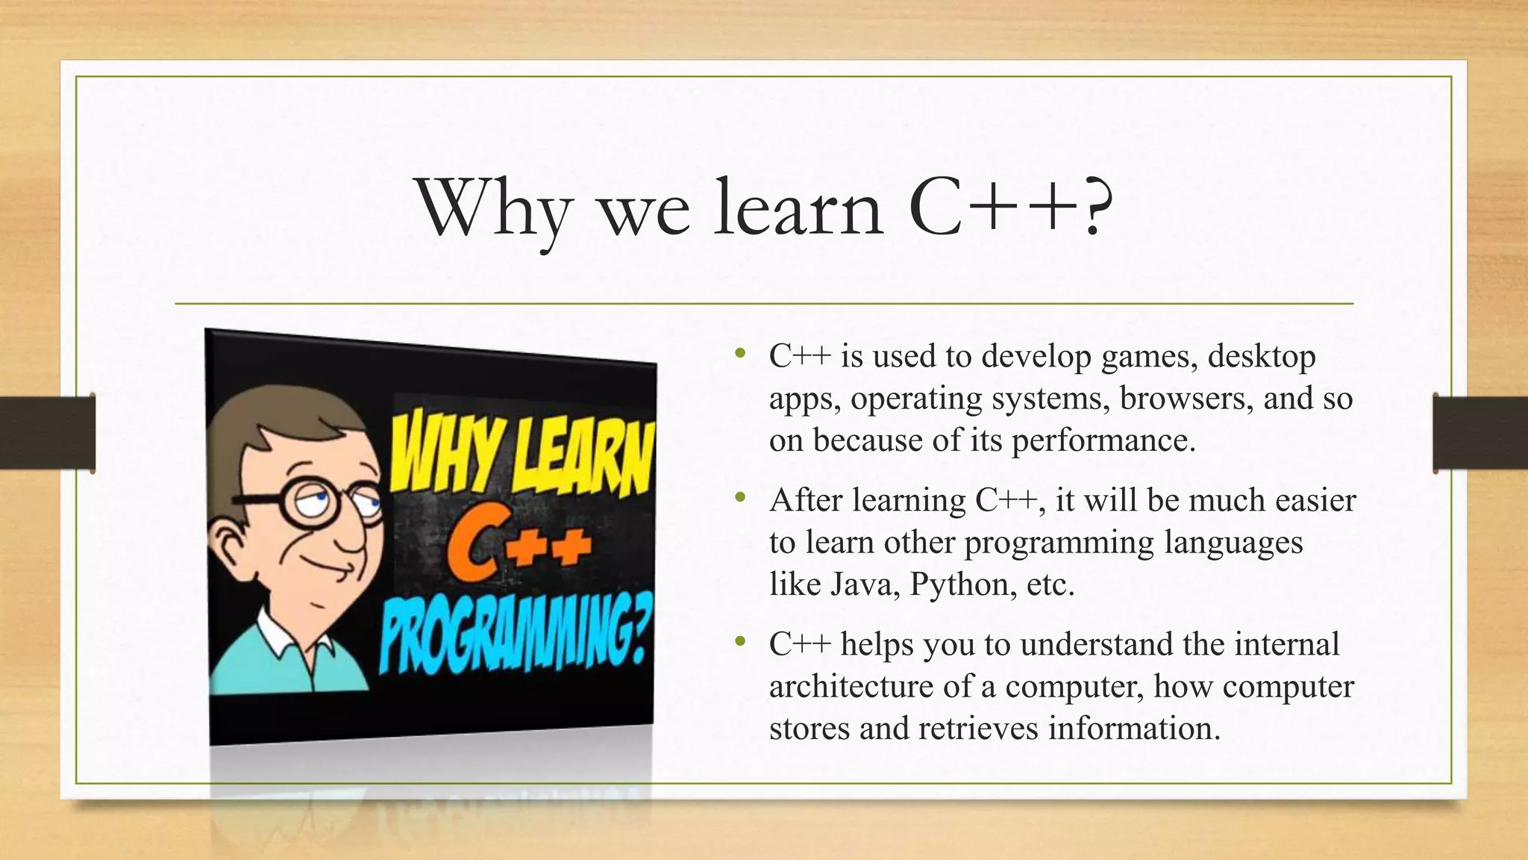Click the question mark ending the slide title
pos(1092,208)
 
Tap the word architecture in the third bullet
pos(851,687)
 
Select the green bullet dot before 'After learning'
pos(739,497)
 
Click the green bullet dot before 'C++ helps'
pos(739,641)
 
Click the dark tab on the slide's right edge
pos(1480,433)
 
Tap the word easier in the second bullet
pos(1315,501)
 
